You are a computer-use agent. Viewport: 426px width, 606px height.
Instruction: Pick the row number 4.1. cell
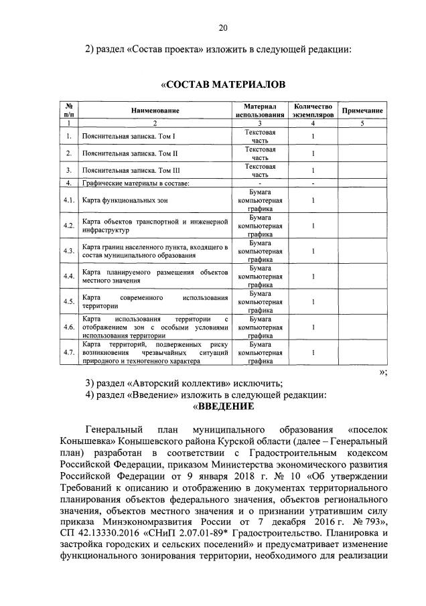68,200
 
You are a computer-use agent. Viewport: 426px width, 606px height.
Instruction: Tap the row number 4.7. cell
68,352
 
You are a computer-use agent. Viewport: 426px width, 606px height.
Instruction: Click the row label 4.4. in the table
68,277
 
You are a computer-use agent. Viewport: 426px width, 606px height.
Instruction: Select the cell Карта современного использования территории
154,301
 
